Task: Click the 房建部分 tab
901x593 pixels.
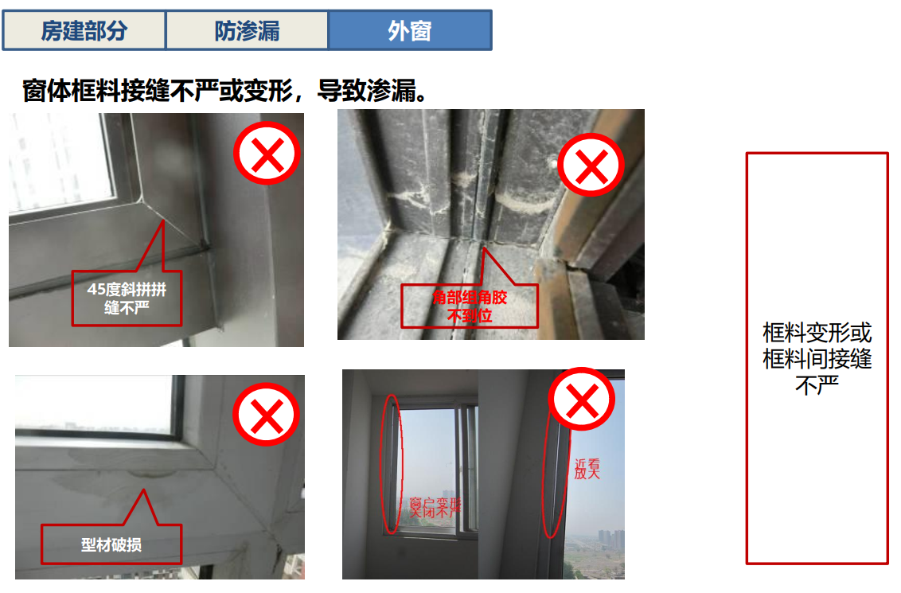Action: coord(84,31)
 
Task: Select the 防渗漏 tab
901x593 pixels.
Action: coord(247,31)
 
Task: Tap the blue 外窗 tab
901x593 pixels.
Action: coord(410,31)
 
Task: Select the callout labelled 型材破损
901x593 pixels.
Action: coord(111,545)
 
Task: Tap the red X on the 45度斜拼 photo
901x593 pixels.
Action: coord(267,154)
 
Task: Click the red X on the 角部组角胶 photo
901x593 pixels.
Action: coord(591,166)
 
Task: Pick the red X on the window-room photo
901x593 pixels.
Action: coord(583,400)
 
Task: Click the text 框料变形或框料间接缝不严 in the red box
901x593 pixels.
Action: coord(817,358)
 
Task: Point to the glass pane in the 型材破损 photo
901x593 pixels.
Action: coord(96,402)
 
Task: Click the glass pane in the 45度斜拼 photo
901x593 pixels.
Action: coord(60,159)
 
